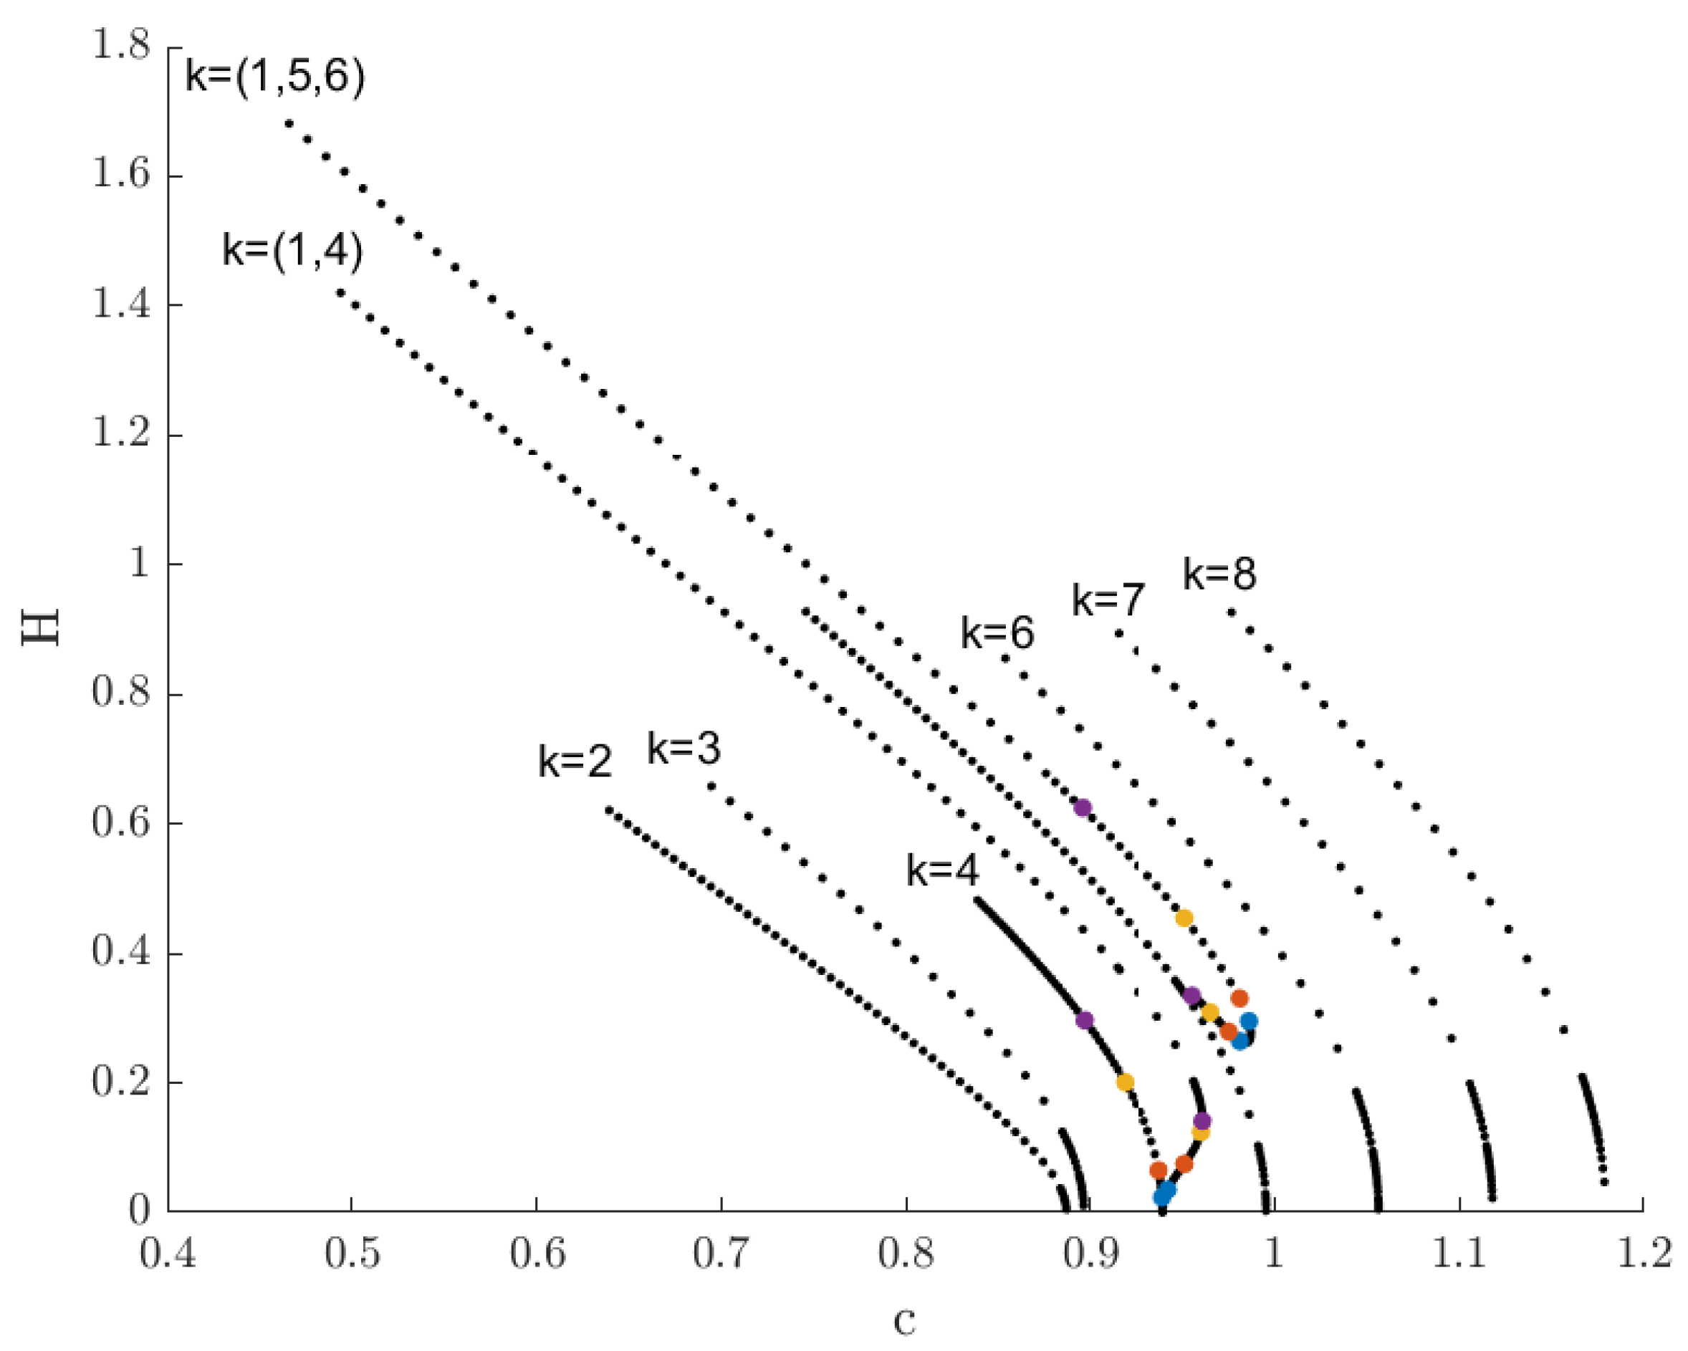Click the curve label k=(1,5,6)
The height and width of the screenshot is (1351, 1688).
[x=275, y=78]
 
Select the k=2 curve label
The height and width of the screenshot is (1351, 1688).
[x=575, y=761]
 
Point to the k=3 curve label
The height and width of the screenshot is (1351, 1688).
[x=684, y=749]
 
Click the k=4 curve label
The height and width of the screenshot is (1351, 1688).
[x=943, y=870]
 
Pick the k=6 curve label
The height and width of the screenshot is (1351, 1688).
[x=997, y=633]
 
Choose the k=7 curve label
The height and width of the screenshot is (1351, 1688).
[x=1108, y=601]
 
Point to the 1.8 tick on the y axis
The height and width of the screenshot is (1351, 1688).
[x=120, y=46]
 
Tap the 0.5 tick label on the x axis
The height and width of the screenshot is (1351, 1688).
[x=353, y=1253]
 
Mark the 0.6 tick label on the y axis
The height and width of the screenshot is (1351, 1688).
[x=120, y=824]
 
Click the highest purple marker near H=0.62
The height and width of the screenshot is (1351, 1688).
[x=1083, y=808]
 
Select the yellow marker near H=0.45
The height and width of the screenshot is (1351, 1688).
[x=1184, y=918]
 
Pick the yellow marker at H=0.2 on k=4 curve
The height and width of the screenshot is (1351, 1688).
[x=1125, y=1082]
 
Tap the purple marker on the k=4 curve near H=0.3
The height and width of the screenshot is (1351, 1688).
[x=1084, y=1020]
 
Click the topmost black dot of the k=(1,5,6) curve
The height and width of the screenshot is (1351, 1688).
[x=289, y=123]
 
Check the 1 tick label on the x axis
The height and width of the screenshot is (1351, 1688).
[x=1274, y=1253]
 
